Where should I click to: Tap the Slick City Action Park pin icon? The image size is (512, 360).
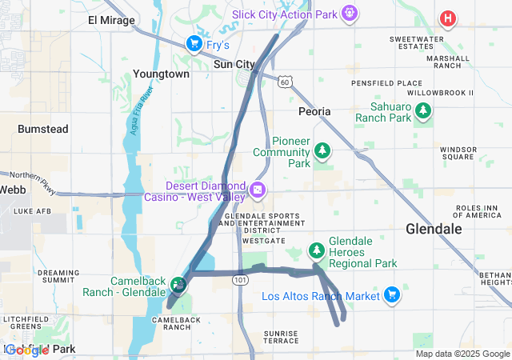[x=348, y=14]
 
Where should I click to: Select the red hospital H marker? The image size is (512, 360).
[x=449, y=18]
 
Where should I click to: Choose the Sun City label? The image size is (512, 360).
[x=234, y=64]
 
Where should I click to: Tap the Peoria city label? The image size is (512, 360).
[x=314, y=111]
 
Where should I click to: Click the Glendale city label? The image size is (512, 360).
[x=434, y=229]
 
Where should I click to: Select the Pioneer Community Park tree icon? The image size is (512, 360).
[x=322, y=150]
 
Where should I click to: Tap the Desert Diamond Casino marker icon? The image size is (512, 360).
[x=258, y=190]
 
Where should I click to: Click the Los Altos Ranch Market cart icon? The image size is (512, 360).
[x=391, y=296]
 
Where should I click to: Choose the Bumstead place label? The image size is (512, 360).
[x=43, y=129]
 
